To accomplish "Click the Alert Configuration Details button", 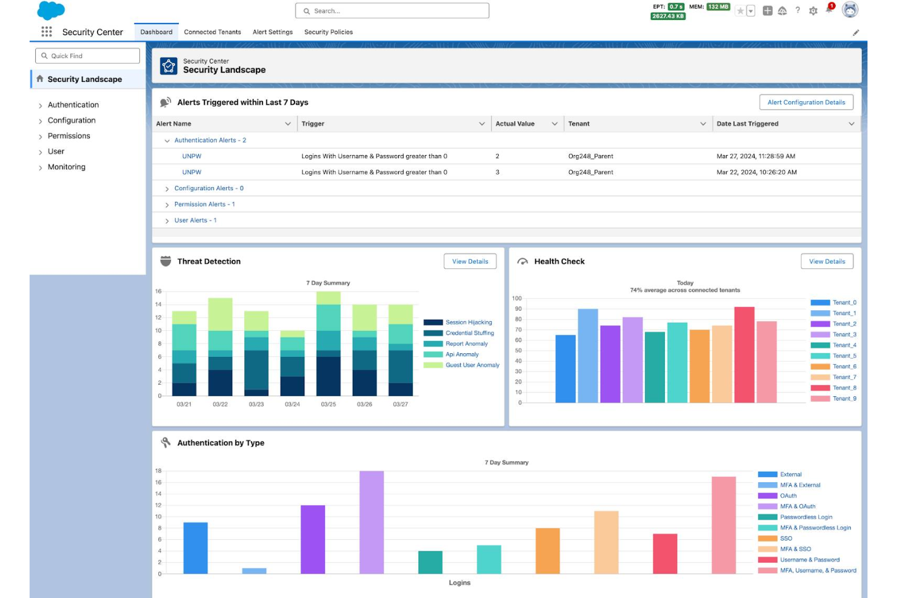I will (x=805, y=102).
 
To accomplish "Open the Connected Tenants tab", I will (x=212, y=32).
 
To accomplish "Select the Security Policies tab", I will (x=328, y=32).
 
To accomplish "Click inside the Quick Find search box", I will (x=88, y=56).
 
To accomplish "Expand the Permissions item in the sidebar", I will (x=68, y=136).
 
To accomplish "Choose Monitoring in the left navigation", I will (x=66, y=167).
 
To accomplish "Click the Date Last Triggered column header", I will (x=747, y=124).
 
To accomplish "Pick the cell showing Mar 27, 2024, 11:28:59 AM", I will (x=755, y=156).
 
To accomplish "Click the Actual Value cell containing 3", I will (x=498, y=172).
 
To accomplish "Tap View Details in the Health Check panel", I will (x=826, y=262).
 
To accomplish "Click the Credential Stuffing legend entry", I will (x=469, y=333).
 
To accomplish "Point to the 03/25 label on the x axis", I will (x=328, y=404).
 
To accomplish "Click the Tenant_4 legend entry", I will (x=844, y=345).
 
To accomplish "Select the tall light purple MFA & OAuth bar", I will (x=371, y=522).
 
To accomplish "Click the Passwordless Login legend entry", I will (x=805, y=517).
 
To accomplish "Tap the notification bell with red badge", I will (x=829, y=10).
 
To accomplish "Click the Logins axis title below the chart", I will (x=459, y=583).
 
